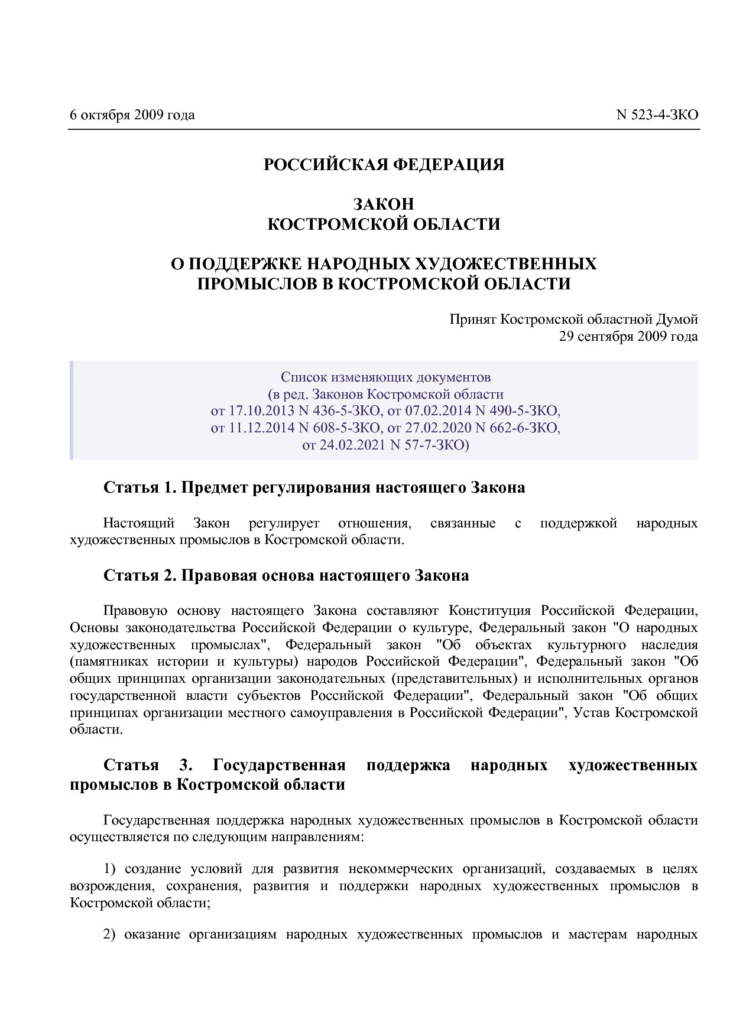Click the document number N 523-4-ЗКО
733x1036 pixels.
point(657,115)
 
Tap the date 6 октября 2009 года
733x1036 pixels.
point(132,115)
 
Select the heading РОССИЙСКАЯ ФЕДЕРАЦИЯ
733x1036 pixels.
point(384,164)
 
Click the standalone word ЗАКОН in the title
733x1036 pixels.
point(384,204)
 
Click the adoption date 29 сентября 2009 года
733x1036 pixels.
point(628,337)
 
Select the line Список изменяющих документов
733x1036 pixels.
point(385,377)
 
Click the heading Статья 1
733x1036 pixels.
point(140,488)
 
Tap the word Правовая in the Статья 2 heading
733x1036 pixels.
point(216,575)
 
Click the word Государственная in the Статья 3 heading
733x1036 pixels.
point(279,765)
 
